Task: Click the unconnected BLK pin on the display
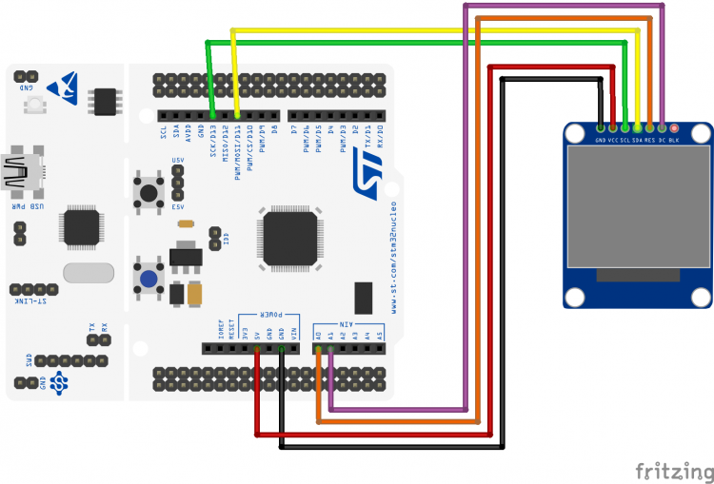(x=674, y=127)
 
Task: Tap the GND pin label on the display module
(x=601, y=140)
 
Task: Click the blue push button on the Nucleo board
(x=149, y=278)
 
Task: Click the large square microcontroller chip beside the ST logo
(x=291, y=238)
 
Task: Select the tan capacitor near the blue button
(x=196, y=295)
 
